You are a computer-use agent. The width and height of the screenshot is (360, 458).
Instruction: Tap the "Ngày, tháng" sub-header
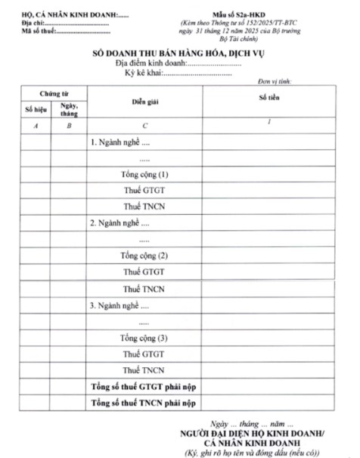[x=69, y=109]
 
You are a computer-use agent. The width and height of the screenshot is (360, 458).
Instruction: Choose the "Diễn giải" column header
[x=144, y=101]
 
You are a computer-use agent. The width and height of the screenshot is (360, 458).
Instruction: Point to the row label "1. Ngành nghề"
[x=120, y=142]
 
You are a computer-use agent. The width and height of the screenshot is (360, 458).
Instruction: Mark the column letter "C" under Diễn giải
[x=144, y=126]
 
